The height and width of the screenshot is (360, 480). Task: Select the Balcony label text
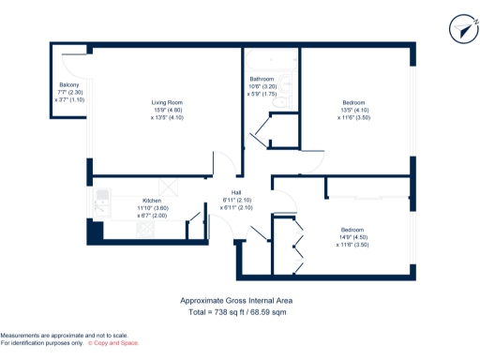[68, 84]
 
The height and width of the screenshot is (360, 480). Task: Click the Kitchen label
[151, 201]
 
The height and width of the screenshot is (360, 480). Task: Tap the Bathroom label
[262, 79]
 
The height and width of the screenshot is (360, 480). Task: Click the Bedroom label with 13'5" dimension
[353, 100]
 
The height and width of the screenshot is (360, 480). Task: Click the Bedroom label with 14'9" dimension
[352, 230]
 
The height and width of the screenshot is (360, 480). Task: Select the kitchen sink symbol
[104, 199]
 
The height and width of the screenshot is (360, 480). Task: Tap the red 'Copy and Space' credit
[110, 344]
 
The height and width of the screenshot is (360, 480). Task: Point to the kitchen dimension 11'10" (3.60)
[151, 208]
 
